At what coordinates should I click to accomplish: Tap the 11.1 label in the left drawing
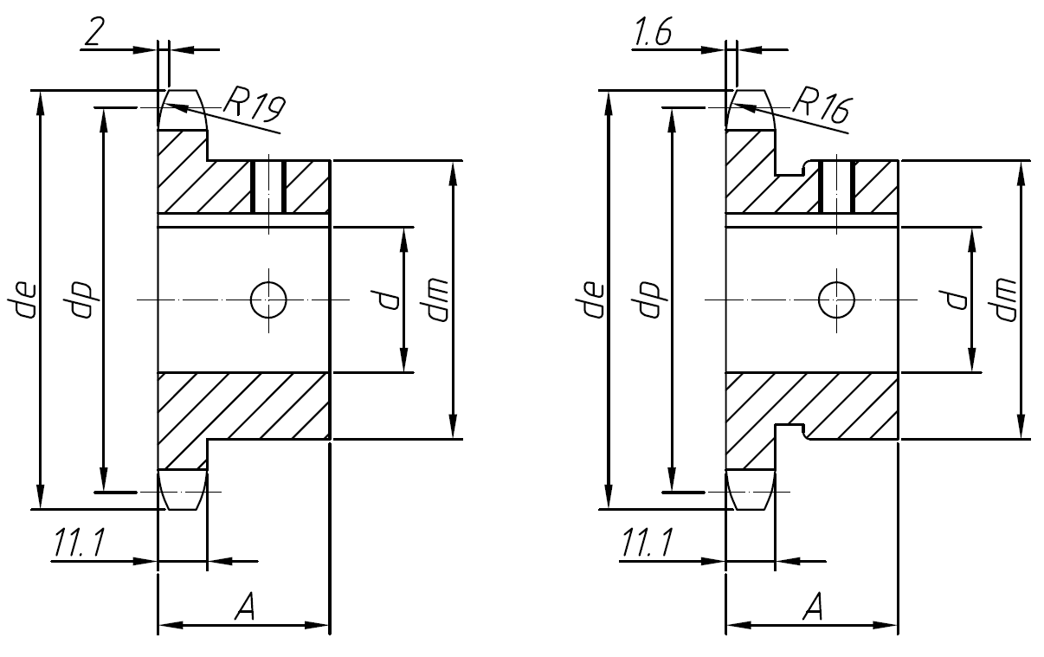tap(79, 544)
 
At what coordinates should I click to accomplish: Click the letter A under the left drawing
tap(245, 609)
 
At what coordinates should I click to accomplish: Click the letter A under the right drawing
tap(812, 609)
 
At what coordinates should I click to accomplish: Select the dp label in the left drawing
tap(87, 299)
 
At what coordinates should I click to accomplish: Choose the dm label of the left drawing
tap(437, 300)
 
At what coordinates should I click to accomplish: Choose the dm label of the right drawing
tap(1005, 300)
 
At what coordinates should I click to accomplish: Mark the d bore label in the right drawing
tap(957, 300)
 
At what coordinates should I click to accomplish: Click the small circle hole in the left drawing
tap(268, 300)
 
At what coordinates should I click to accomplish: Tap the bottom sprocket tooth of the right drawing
tap(750, 489)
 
